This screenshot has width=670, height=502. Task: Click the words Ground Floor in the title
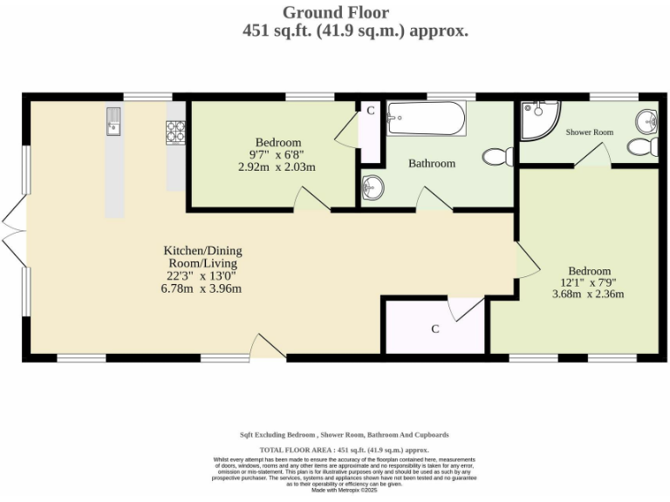(x=335, y=12)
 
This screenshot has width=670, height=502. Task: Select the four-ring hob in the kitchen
(x=175, y=131)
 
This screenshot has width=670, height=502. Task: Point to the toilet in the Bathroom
(x=498, y=157)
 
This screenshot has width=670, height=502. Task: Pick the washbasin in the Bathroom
(x=373, y=187)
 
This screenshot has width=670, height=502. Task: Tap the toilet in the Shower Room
(x=644, y=146)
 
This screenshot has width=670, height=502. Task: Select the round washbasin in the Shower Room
(x=646, y=119)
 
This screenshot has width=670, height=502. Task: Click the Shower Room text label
(x=589, y=132)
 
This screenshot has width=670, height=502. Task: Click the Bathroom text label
(x=432, y=164)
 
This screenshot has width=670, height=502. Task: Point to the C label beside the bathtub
(x=370, y=111)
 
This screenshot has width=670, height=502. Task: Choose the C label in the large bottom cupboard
(x=434, y=329)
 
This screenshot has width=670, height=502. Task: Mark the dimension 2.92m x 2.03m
(x=276, y=166)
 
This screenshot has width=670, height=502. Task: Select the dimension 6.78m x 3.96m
(x=201, y=288)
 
